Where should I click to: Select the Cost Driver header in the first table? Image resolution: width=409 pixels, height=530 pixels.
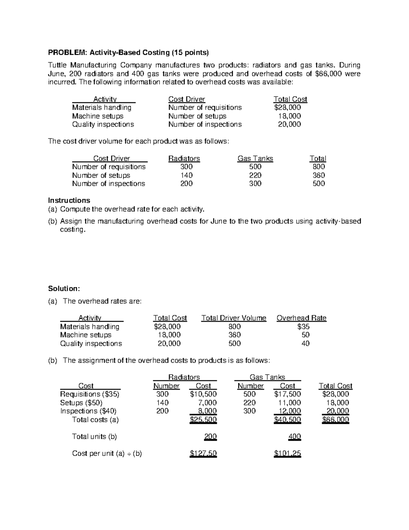click(186, 99)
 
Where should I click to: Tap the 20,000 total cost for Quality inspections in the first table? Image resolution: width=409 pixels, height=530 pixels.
click(289, 124)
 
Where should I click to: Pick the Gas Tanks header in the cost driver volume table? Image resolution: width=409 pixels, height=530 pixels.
click(255, 159)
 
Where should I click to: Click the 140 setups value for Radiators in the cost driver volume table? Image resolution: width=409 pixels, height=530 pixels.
click(186, 175)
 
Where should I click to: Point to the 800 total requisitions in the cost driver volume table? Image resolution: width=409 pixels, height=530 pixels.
click(319, 167)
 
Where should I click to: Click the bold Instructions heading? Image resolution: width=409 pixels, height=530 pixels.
click(69, 200)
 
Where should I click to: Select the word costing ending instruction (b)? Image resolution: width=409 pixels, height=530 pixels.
click(72, 230)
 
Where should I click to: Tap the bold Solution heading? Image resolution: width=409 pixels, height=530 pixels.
click(64, 289)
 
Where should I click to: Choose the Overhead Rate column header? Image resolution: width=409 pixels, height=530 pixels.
click(301, 318)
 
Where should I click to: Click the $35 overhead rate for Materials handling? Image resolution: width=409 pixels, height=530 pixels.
click(303, 327)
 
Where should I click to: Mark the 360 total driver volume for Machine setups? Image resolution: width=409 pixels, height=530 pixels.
click(234, 335)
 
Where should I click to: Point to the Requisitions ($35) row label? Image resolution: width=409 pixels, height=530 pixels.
click(90, 394)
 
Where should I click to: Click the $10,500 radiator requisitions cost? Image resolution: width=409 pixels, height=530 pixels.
click(203, 394)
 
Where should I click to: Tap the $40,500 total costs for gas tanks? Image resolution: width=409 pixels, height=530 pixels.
click(287, 420)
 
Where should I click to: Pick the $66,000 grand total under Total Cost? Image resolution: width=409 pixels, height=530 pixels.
click(335, 420)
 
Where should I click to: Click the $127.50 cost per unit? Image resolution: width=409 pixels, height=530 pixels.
click(203, 454)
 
